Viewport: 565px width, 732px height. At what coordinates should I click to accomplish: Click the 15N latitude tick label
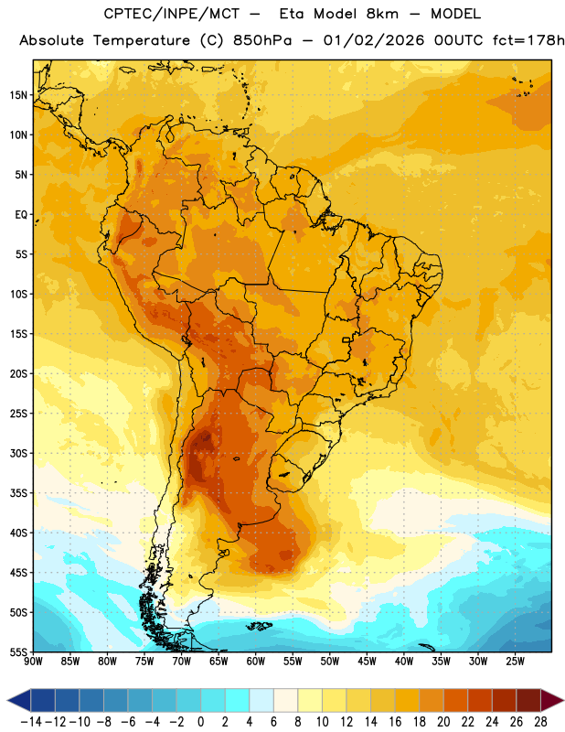pyautogui.click(x=19, y=95)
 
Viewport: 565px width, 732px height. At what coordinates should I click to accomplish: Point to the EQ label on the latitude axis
pyautogui.click(x=21, y=215)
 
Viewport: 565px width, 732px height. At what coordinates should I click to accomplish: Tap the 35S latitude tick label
pyautogui.click(x=19, y=493)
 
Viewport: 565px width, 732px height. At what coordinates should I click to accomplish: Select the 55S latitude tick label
pyautogui.click(x=19, y=651)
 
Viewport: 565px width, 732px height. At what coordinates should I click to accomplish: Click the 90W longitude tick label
pyautogui.click(x=33, y=661)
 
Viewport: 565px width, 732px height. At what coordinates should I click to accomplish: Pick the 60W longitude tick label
pyautogui.click(x=256, y=661)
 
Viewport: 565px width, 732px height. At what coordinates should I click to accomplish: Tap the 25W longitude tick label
pyautogui.click(x=515, y=661)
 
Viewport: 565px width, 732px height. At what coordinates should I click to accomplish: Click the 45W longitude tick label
pyautogui.click(x=368, y=661)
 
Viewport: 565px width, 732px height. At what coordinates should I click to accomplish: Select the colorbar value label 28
pyautogui.click(x=540, y=722)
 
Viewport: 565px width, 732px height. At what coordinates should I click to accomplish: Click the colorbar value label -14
pyautogui.click(x=31, y=722)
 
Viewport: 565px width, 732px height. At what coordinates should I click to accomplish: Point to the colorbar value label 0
pyautogui.click(x=200, y=722)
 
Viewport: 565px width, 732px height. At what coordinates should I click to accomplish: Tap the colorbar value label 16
pyautogui.click(x=395, y=722)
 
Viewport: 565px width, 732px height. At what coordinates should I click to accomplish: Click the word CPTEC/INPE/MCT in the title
pyautogui.click(x=171, y=14)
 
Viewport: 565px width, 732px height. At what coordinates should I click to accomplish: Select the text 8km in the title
pyautogui.click(x=382, y=14)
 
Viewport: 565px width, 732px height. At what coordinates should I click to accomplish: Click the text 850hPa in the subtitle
pyautogui.click(x=262, y=40)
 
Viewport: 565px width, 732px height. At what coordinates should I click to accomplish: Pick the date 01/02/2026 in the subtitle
pyautogui.click(x=374, y=40)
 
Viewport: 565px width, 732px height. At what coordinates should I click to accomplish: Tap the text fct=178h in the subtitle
pyautogui.click(x=528, y=40)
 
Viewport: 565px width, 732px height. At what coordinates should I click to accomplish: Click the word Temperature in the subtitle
pyautogui.click(x=142, y=40)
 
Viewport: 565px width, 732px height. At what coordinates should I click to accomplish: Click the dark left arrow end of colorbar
pyautogui.click(x=19, y=700)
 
